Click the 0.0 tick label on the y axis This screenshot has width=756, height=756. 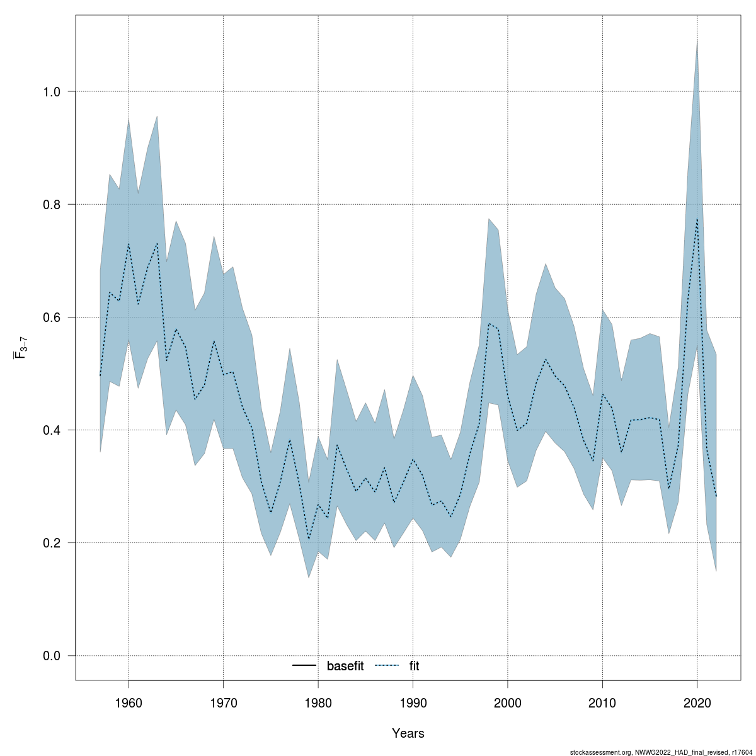pyautogui.click(x=51, y=656)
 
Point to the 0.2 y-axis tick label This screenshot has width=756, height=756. pyautogui.click(x=51, y=543)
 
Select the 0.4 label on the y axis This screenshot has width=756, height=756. pyautogui.click(x=51, y=430)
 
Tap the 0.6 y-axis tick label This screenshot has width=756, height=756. pyautogui.click(x=51, y=318)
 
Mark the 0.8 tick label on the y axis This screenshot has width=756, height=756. pyautogui.click(x=51, y=205)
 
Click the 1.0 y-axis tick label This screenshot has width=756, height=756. pyautogui.click(x=51, y=92)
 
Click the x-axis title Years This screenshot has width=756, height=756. pyautogui.click(x=408, y=733)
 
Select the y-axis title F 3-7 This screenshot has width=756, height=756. pyautogui.click(x=20, y=347)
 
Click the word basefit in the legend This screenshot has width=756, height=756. pyautogui.click(x=345, y=666)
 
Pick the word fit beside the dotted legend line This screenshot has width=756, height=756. pyautogui.click(x=414, y=666)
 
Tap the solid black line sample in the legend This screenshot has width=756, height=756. pyautogui.click(x=305, y=666)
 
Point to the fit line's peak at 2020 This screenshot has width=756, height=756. pyautogui.click(x=697, y=219)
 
